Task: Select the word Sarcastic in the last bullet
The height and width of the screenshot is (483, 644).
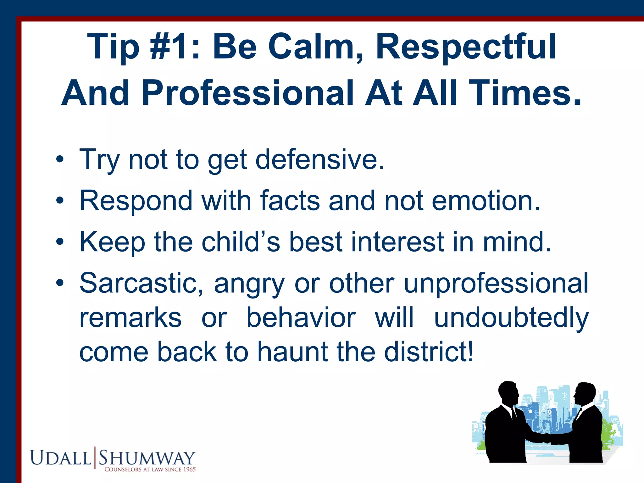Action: pyautogui.click(x=142, y=283)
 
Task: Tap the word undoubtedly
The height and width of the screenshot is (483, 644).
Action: pyautogui.click(x=511, y=318)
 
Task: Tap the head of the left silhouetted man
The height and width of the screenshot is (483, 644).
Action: pyautogui.click(x=508, y=393)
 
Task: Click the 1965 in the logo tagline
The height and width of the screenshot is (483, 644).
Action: pyautogui.click(x=190, y=469)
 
